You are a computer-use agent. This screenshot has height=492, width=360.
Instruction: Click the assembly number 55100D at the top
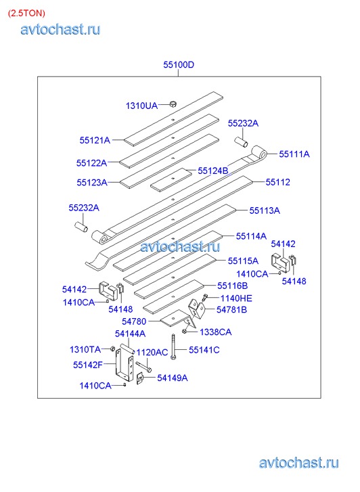(179, 65)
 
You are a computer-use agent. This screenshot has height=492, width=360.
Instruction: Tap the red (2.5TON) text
(26, 13)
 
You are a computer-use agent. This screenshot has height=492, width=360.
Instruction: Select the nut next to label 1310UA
(173, 104)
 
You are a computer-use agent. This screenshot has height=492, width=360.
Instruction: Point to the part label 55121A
(95, 140)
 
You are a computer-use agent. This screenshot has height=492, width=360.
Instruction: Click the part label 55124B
(212, 171)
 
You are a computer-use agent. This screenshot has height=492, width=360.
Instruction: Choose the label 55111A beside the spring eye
(294, 154)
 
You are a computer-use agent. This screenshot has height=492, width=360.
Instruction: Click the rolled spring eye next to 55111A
(260, 153)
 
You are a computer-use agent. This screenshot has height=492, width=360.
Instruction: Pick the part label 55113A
(265, 210)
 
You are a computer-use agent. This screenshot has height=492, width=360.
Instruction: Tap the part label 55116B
(233, 286)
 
